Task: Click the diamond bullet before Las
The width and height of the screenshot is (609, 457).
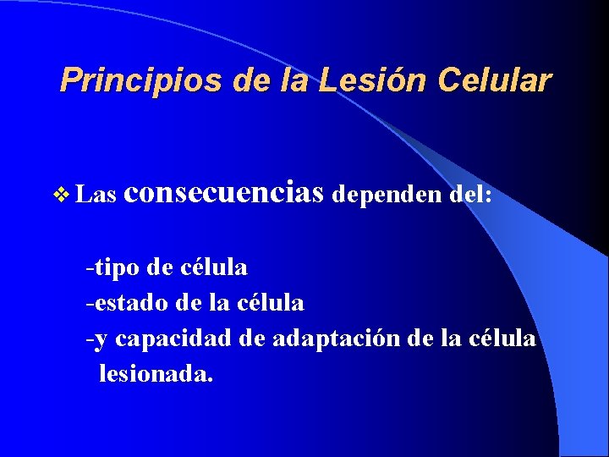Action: (62, 195)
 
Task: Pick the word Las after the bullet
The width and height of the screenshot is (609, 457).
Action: (96, 195)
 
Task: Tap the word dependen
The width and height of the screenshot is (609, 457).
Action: (387, 195)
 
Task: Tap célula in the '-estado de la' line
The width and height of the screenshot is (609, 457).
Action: (270, 301)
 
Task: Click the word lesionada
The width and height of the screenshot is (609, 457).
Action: (156, 372)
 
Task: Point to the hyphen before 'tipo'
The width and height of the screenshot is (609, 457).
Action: (89, 269)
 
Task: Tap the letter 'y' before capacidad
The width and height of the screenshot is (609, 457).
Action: (101, 340)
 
